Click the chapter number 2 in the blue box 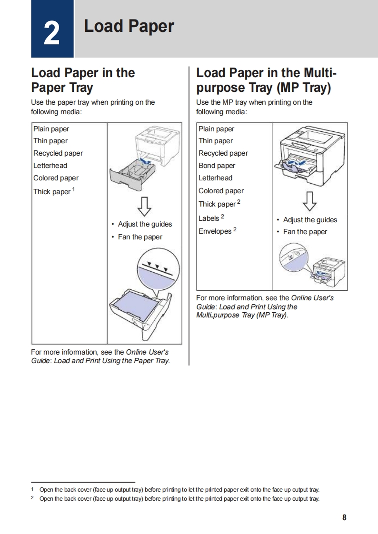pyautogui.click(x=52, y=33)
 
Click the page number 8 pyautogui.click(x=344, y=518)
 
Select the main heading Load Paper pyautogui.click(x=129, y=27)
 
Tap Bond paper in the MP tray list pyautogui.click(x=217, y=166)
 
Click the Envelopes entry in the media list pyautogui.click(x=215, y=231)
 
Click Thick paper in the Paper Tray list pyautogui.click(x=51, y=192)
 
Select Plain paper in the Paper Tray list pyautogui.click(x=51, y=129)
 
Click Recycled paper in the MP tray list pyautogui.click(x=223, y=153)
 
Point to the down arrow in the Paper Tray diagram pyautogui.click(x=144, y=206)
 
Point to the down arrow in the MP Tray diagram pyautogui.click(x=309, y=201)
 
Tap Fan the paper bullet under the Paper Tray pyautogui.click(x=140, y=237)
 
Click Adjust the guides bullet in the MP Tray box pyautogui.click(x=310, y=220)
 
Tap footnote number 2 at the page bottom pyautogui.click(x=32, y=498)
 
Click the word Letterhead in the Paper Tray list pyautogui.click(x=50, y=166)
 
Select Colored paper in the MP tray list pyautogui.click(x=221, y=191)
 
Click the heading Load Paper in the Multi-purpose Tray pyautogui.click(x=266, y=80)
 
